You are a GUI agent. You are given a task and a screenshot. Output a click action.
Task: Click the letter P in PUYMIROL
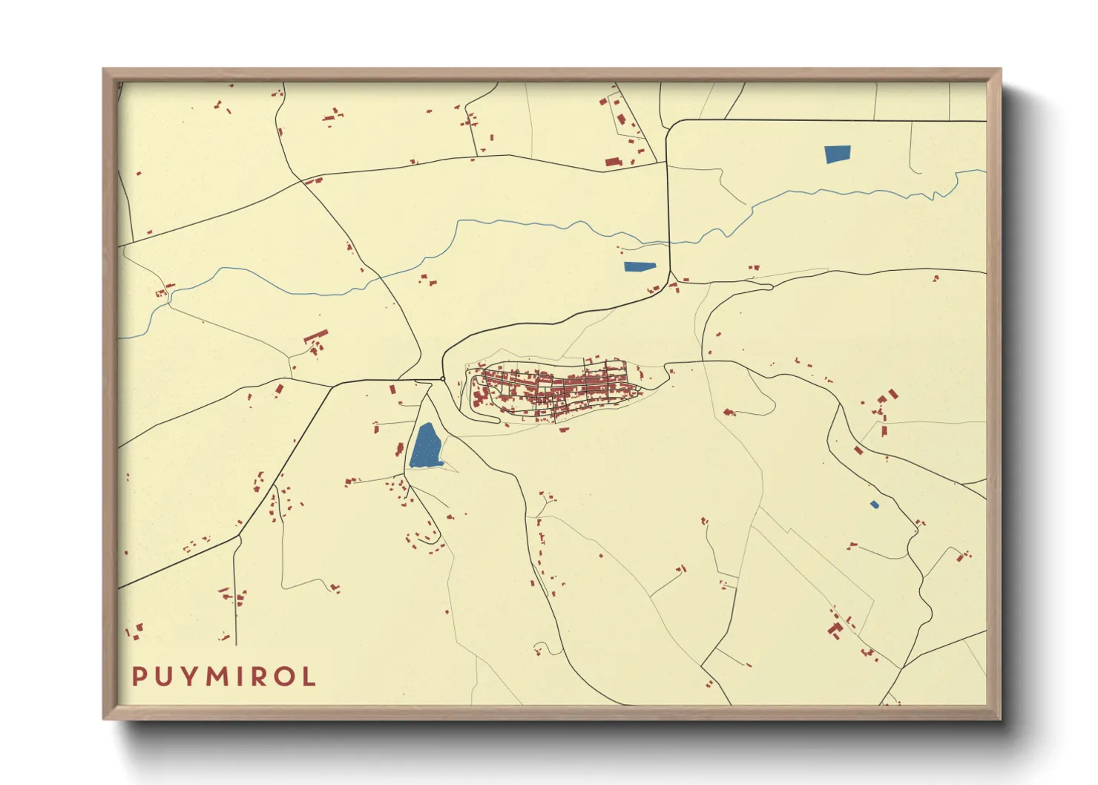139,677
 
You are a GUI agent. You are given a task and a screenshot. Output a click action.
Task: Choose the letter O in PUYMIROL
285,677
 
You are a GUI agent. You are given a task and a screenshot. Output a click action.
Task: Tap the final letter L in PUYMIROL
309,677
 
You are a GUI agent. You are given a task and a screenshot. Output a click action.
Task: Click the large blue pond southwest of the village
426,447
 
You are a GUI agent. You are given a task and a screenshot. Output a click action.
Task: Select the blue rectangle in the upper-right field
838,154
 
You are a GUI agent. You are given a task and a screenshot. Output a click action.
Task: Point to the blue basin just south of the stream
640,267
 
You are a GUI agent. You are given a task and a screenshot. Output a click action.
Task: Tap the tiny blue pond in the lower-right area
874,505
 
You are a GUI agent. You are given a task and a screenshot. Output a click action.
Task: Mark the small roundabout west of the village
443,379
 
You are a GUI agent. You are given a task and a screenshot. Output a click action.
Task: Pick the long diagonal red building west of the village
316,336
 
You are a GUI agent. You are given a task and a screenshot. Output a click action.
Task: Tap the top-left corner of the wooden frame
104,70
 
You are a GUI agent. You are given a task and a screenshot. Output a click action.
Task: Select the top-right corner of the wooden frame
1000,70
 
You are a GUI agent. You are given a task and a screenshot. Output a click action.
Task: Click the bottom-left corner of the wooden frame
104,718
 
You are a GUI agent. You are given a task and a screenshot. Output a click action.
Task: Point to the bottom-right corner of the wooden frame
1000,718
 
